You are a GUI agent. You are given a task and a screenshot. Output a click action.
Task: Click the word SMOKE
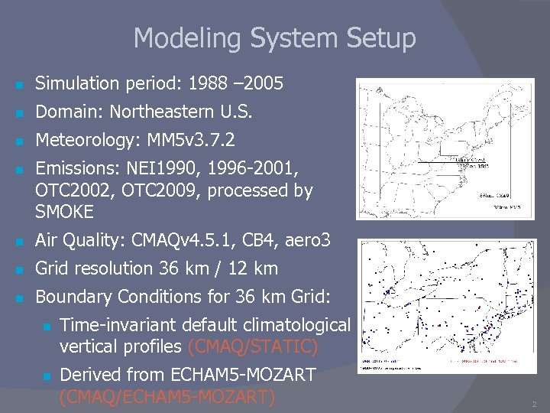pyautogui.click(x=64, y=210)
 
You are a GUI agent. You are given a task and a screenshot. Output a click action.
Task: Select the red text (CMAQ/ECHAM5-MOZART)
pyautogui.click(x=167, y=396)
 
